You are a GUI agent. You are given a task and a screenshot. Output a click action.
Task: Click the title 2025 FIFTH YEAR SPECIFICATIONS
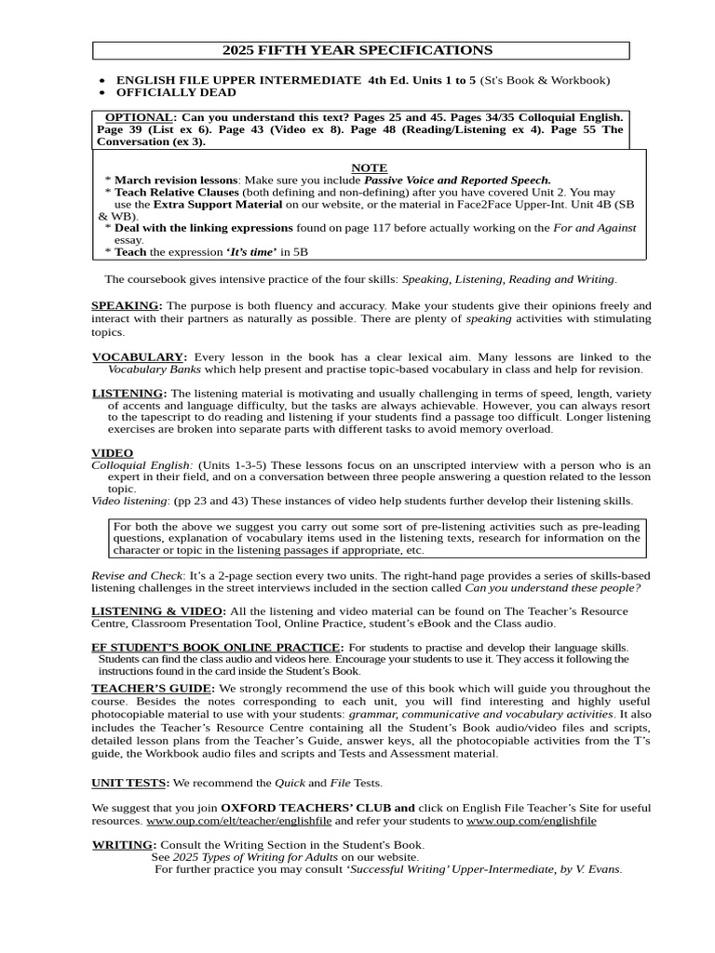(x=357, y=50)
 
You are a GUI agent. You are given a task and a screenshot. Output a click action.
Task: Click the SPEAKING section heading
(x=126, y=305)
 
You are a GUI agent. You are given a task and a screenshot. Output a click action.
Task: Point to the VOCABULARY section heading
(x=138, y=357)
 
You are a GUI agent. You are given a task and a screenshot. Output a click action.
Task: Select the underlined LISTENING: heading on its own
(x=128, y=393)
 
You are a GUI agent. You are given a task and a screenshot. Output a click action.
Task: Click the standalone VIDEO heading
(x=112, y=452)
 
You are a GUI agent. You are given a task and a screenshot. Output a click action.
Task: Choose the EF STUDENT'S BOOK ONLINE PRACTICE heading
(x=216, y=647)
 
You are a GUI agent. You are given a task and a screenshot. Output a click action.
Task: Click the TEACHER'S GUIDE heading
(x=153, y=688)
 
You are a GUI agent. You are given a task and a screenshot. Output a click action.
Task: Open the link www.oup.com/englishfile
(x=532, y=821)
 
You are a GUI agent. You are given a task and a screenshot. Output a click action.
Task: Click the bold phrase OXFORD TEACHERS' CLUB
(x=317, y=808)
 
